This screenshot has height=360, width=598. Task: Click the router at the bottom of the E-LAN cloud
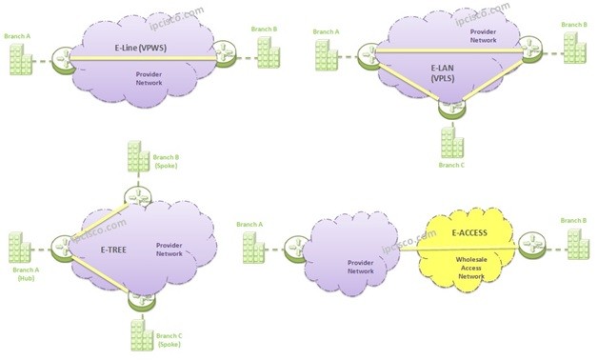coord(449,108)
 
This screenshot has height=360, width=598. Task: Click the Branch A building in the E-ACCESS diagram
coord(252,250)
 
